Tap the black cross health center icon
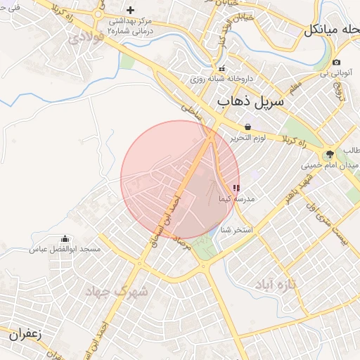click(x=130, y=10)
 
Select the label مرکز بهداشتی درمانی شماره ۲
click(x=130, y=26)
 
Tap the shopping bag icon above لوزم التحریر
click(x=248, y=127)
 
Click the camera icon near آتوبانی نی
click(x=337, y=63)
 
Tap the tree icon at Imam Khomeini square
click(x=329, y=155)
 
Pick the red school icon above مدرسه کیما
click(x=236, y=188)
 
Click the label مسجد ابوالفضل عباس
click(x=65, y=250)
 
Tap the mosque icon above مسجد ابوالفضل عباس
click(x=65, y=239)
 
